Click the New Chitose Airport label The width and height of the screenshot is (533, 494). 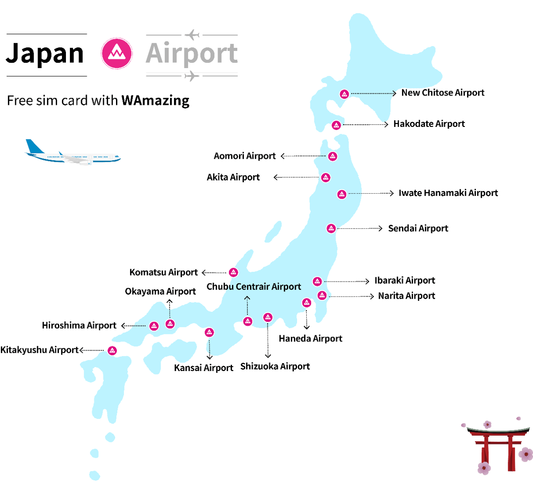[x=442, y=93]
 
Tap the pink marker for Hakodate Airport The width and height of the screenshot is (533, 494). [x=336, y=125]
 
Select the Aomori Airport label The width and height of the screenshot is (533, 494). [x=244, y=156]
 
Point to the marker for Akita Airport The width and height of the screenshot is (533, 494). [x=326, y=178]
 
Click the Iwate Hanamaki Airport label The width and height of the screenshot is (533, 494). [x=448, y=193]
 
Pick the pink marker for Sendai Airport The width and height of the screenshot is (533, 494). [x=331, y=229]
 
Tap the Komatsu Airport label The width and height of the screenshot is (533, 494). [x=163, y=272]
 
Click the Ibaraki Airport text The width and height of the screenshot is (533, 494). [x=405, y=281]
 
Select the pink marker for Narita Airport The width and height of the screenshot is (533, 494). [x=322, y=295]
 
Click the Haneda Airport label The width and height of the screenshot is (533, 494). [x=310, y=339]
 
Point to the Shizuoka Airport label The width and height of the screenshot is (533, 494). [x=275, y=367]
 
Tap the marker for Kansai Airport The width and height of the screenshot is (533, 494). [x=209, y=332]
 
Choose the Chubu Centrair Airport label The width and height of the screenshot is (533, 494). [x=254, y=287]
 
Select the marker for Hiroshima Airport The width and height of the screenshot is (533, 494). [x=154, y=326]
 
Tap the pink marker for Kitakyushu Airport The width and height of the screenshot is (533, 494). [x=112, y=351]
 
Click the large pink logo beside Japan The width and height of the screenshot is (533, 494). [x=117, y=54]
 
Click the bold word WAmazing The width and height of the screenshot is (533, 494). [x=155, y=101]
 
